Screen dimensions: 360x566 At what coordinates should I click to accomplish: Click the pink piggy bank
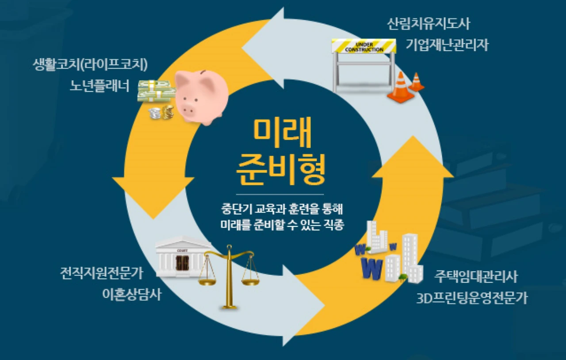tap(201, 96)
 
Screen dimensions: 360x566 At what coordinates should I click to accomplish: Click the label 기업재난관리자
tap(447, 45)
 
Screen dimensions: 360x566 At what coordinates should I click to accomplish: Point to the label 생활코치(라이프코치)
tap(90, 65)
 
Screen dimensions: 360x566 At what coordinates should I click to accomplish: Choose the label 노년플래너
tap(99, 86)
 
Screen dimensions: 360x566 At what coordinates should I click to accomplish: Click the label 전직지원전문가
tap(102, 273)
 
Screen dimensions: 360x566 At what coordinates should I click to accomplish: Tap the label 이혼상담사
tap(131, 295)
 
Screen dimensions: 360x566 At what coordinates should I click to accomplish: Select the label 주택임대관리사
tap(476, 277)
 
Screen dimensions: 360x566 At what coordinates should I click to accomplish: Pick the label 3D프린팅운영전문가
tap(472, 299)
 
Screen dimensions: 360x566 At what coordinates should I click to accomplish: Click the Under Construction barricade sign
tap(364, 46)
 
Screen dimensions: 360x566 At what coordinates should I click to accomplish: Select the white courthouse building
tap(182, 257)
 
